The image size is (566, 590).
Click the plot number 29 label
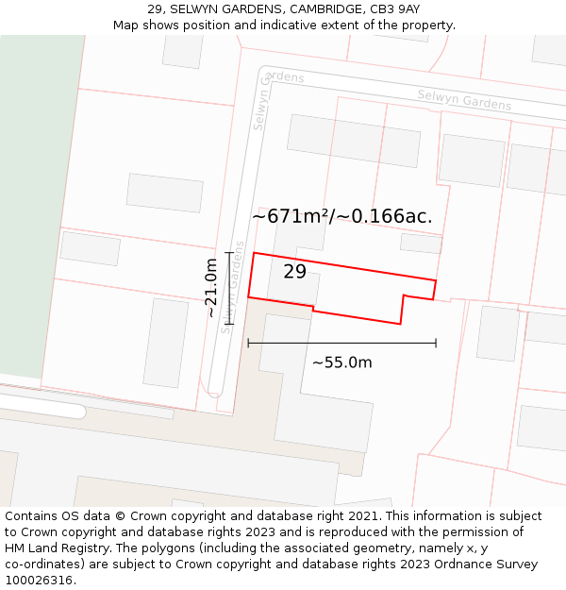tap(294, 272)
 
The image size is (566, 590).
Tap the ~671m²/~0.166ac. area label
tap(341, 216)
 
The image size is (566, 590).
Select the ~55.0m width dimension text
tap(341, 362)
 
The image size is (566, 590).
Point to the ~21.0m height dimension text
tap(211, 288)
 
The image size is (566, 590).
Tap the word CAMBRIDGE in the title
tap(325, 9)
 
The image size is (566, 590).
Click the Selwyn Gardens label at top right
tap(464, 100)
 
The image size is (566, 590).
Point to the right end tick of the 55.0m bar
tap(436, 343)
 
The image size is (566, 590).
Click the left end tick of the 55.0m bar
tap(248, 343)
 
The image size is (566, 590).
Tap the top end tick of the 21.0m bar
tap(229, 252)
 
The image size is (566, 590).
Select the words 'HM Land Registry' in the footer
tap(56, 548)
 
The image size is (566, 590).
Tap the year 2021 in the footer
tap(362, 515)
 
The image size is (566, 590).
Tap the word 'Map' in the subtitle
tap(126, 25)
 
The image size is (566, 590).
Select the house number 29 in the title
tap(155, 9)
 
